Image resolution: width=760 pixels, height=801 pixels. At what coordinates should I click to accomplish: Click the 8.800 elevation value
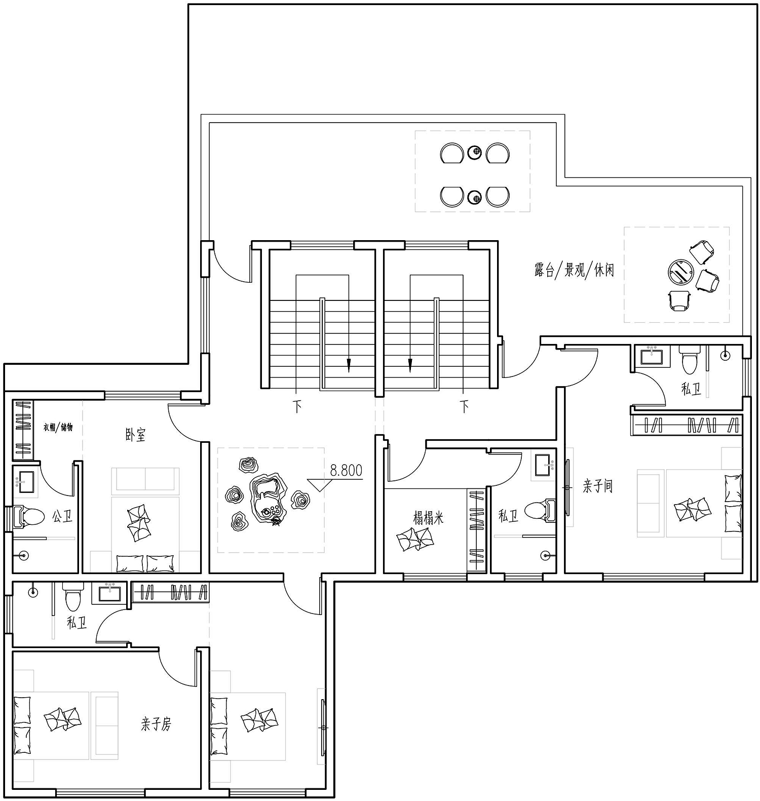346,471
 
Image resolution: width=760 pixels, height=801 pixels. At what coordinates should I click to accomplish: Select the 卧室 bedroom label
135,435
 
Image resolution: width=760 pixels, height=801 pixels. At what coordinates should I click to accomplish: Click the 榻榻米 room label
429,518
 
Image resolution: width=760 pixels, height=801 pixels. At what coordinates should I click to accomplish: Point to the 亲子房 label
156,724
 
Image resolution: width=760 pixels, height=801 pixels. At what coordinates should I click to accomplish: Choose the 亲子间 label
598,487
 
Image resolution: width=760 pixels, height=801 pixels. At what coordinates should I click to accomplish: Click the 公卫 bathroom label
62,517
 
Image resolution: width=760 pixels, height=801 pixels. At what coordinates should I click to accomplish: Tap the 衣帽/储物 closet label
58,427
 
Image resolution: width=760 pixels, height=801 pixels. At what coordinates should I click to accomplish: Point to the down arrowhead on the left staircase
348,365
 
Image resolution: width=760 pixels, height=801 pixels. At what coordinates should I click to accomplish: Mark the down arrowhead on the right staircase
410,365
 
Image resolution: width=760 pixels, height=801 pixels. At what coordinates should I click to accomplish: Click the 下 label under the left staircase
297,407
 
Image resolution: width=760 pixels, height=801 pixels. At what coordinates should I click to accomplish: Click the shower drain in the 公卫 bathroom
23,555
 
